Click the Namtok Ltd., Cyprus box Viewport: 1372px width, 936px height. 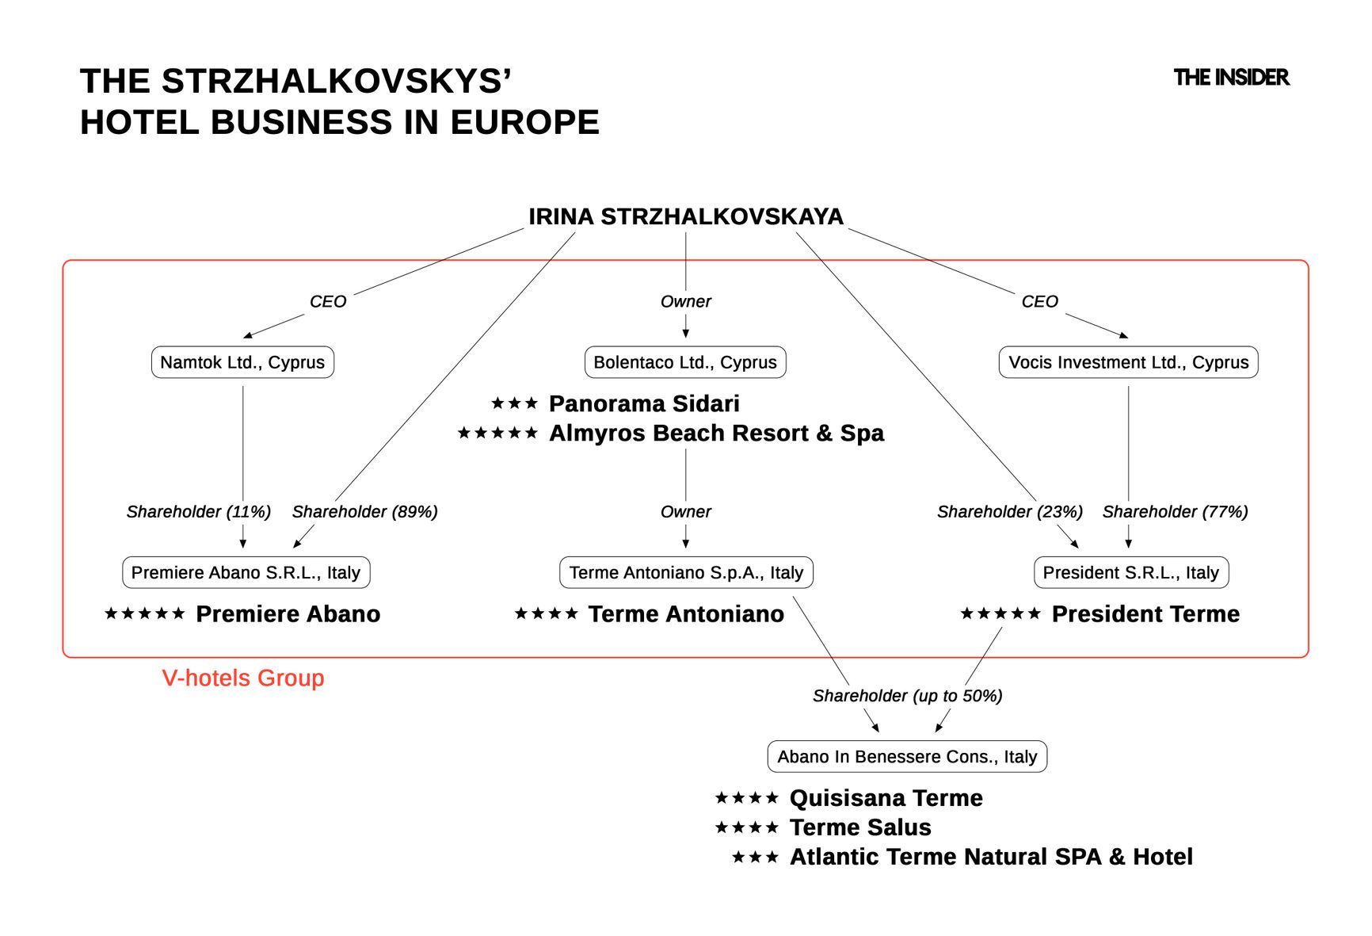tap(242, 362)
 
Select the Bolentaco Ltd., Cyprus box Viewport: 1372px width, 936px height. tap(685, 362)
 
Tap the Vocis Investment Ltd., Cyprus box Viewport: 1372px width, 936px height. tap(1128, 362)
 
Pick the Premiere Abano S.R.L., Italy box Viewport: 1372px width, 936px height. tap(246, 572)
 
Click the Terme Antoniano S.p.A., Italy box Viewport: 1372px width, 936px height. tap(686, 572)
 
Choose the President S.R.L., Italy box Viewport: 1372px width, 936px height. tap(1130, 572)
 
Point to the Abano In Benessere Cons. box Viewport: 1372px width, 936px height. tap(907, 756)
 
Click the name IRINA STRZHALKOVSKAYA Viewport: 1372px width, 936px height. tap(686, 216)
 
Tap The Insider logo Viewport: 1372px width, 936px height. tap(1231, 78)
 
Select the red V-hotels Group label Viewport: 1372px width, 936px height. tap(243, 678)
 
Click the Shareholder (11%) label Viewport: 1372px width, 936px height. tap(198, 512)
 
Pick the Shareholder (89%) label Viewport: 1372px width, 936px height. tap(364, 512)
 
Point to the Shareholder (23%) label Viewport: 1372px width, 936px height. tap(1009, 512)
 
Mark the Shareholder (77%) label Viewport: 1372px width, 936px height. tap(1175, 512)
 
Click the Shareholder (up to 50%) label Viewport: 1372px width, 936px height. tap(907, 696)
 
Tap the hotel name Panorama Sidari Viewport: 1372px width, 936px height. tap(644, 403)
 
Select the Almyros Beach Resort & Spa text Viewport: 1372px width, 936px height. tap(716, 433)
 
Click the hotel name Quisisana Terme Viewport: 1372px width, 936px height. tap(886, 797)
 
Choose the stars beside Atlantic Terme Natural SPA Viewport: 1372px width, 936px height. tap(755, 857)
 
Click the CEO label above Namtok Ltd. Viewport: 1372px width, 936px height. tap(328, 301)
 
